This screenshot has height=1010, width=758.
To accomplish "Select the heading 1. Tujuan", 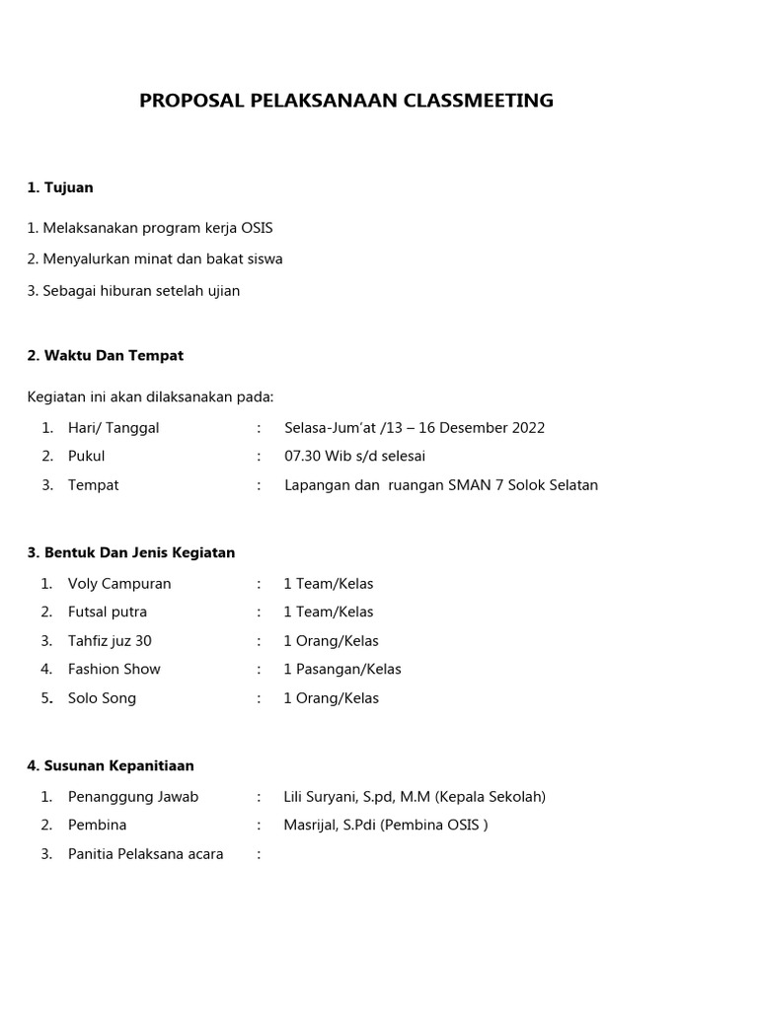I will [60, 187].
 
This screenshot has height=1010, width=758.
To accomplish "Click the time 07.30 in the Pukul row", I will [301, 457].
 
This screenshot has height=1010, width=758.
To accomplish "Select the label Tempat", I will [93, 485].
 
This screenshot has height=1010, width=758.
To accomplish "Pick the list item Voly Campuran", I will [119, 584].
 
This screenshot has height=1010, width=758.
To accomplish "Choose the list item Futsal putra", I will [108, 612].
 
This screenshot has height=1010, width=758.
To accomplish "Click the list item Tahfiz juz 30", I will [110, 641].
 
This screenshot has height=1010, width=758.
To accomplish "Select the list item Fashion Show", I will [114, 669].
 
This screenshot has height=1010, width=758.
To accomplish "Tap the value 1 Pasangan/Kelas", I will [342, 669].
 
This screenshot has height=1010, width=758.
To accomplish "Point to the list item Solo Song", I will [102, 698].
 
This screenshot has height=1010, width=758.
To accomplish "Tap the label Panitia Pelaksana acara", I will [145, 854].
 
